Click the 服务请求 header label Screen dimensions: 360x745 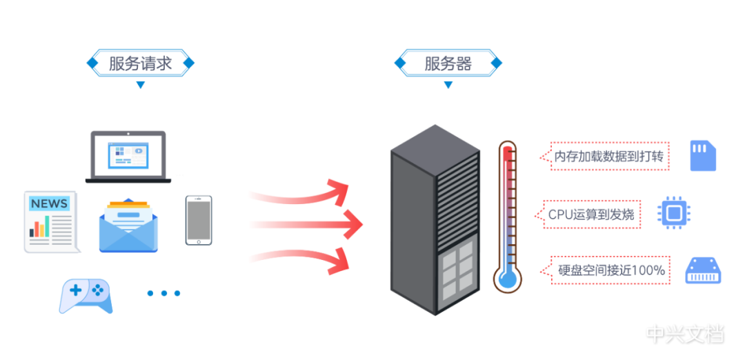[140, 63]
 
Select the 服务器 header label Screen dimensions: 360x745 [448, 63]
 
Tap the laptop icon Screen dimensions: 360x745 [128, 157]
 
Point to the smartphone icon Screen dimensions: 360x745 [199, 220]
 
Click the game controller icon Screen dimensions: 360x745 [86, 296]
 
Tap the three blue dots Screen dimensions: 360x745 [163, 293]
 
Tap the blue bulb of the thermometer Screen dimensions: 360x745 [508, 277]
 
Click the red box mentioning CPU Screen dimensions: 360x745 [590, 214]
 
